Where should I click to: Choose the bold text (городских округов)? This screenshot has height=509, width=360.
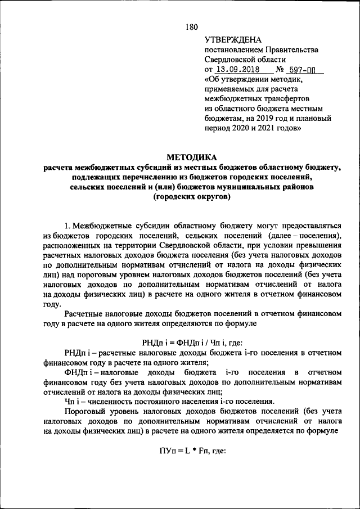(192, 197)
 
